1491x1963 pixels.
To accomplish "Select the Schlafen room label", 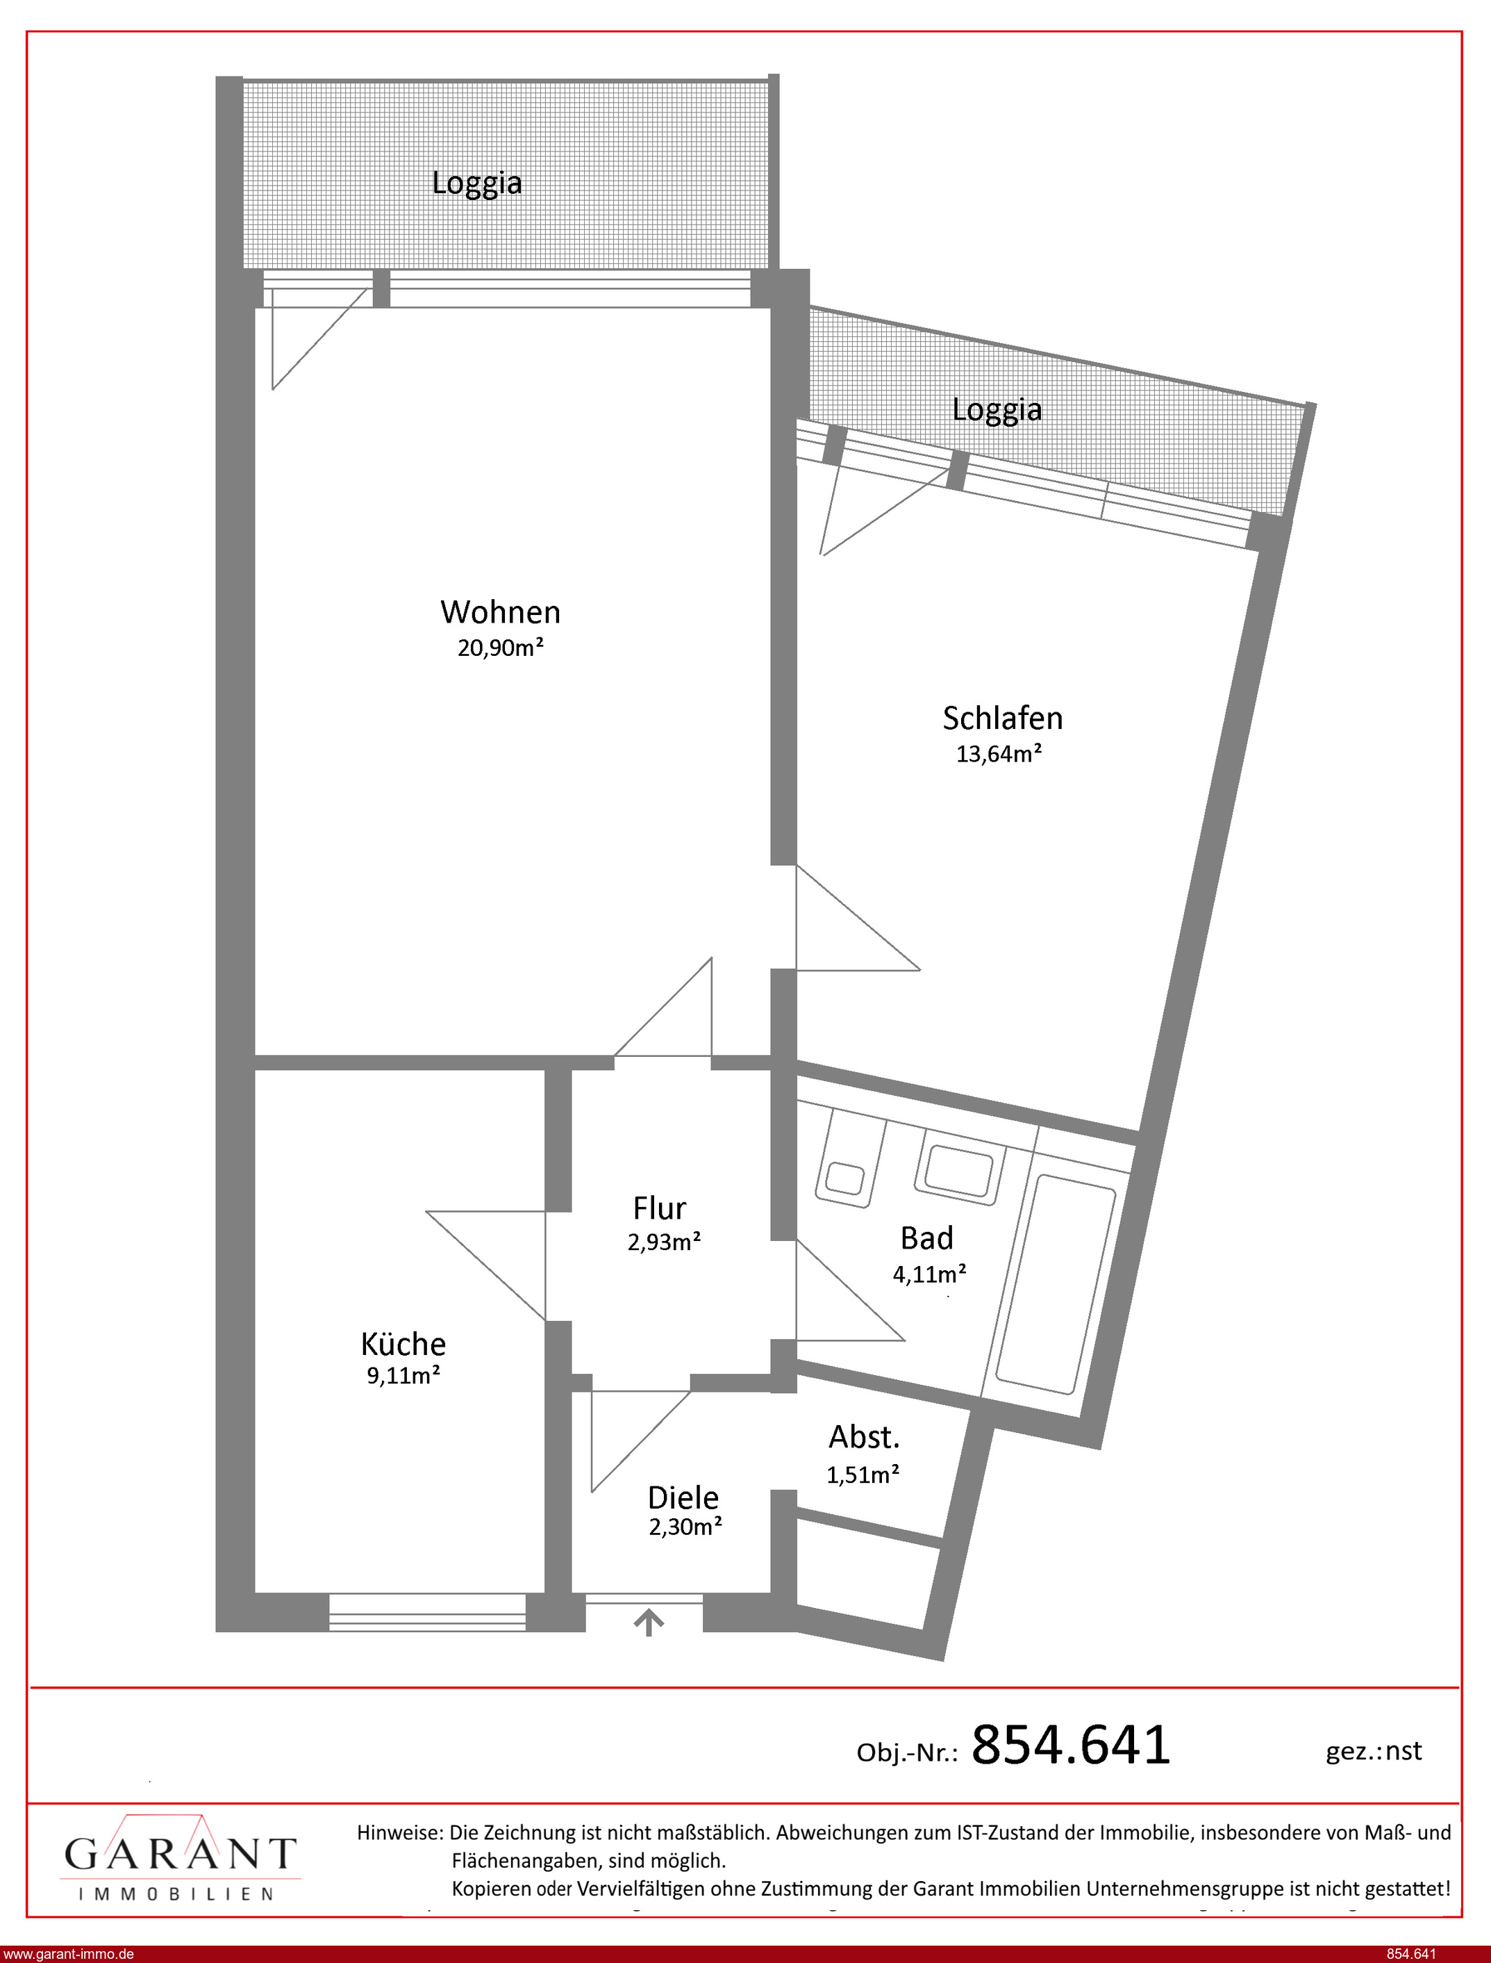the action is click(1002, 717).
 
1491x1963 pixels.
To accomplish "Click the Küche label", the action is click(403, 1343).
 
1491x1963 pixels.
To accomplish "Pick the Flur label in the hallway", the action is click(660, 1208).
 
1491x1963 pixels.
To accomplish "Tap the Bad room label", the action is click(926, 1238).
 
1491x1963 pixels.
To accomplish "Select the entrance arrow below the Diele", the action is click(649, 1623).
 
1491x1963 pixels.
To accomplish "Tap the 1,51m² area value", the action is click(863, 1474).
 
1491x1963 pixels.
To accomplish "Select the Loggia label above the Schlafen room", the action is click(997, 409).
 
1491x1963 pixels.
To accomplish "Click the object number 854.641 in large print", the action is click(1072, 1745).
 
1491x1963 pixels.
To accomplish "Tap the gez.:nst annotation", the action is click(1374, 1751).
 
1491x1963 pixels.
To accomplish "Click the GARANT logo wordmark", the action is click(179, 1854).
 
